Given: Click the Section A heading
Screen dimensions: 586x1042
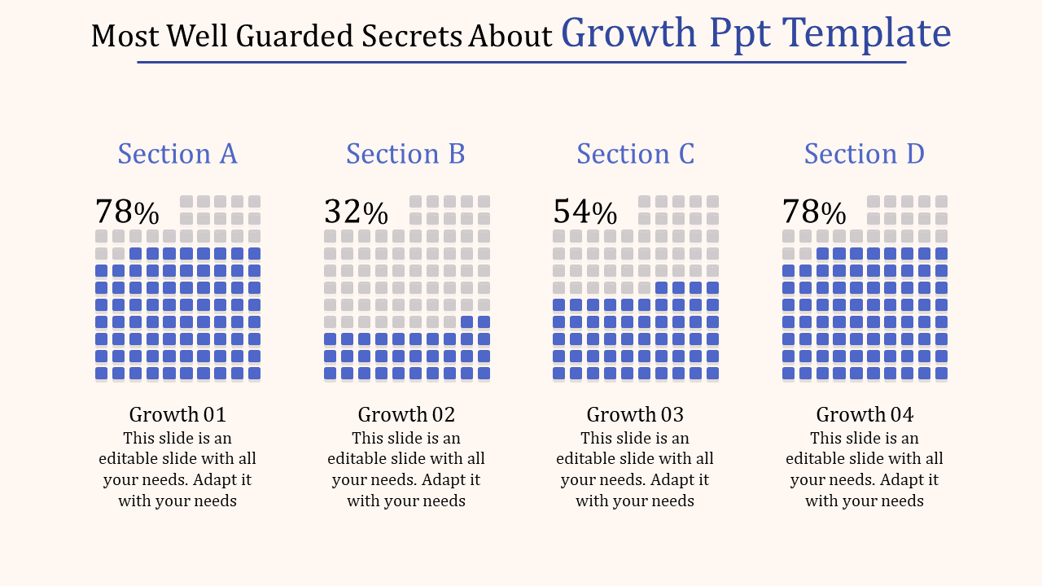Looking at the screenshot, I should coord(177,154).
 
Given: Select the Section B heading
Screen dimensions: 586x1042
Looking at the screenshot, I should coord(405,154).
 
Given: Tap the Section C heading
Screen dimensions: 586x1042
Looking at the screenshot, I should coord(635,154).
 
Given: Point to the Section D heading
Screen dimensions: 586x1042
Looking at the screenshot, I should coord(864,154).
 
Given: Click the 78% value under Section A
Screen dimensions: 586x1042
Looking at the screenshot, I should coord(127,212).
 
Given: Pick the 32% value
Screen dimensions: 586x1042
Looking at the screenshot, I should coord(356,212).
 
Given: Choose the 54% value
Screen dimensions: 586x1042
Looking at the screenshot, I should coord(584,212).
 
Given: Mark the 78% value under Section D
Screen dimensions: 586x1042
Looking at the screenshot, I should coord(814,212).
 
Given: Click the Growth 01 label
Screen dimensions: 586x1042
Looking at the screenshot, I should coord(177,414).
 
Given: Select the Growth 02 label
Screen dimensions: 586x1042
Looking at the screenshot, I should coord(406,414).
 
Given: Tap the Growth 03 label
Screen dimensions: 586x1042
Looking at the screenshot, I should coord(635,414).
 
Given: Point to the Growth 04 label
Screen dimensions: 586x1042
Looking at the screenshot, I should coord(865,414).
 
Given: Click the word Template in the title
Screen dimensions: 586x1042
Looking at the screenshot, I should coord(867,34).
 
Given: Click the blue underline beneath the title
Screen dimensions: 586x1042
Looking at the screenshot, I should coord(521,62).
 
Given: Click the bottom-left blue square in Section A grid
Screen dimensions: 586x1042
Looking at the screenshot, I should coord(101,374).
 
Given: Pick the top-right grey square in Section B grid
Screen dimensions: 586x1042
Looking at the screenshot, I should coord(484,201).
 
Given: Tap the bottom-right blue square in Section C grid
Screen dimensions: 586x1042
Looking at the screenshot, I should coord(712,374).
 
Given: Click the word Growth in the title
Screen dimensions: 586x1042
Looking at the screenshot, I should coord(630,34).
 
